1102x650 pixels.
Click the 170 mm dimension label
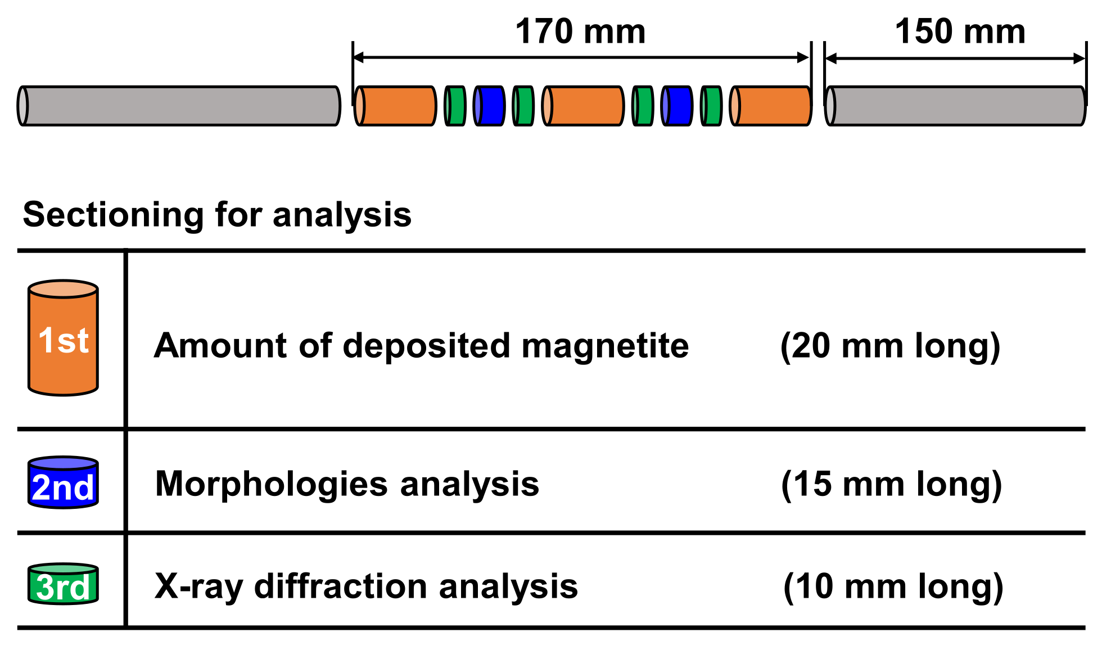tap(580, 31)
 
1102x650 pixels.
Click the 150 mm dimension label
tap(960, 31)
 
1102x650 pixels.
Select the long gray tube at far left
tap(179, 106)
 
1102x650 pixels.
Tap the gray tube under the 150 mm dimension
tap(955, 106)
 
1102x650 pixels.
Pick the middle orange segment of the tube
tap(584, 106)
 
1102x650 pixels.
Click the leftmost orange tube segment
tap(396, 106)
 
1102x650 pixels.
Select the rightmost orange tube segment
tap(771, 106)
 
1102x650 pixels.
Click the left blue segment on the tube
tap(490, 106)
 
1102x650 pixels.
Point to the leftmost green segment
tap(455, 106)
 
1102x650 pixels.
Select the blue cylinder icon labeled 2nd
tap(63, 484)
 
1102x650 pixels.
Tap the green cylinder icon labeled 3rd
tap(63, 585)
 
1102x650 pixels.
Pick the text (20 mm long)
tap(890, 345)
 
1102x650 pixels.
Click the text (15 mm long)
tap(891, 484)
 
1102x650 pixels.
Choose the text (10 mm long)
tap(893, 586)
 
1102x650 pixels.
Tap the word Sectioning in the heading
tap(112, 215)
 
